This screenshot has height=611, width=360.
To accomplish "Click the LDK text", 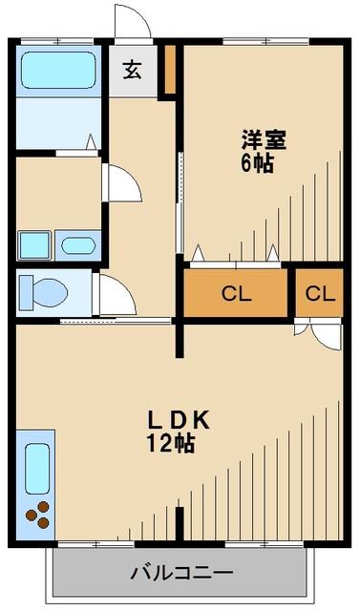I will (x=178, y=419).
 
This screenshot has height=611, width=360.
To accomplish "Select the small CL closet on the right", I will (x=320, y=293).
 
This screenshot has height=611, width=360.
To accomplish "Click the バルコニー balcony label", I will (x=180, y=574).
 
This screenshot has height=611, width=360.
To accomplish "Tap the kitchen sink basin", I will (x=36, y=469).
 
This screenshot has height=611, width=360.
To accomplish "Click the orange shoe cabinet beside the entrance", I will (x=169, y=70).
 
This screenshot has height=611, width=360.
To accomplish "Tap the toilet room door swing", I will (x=116, y=296).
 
